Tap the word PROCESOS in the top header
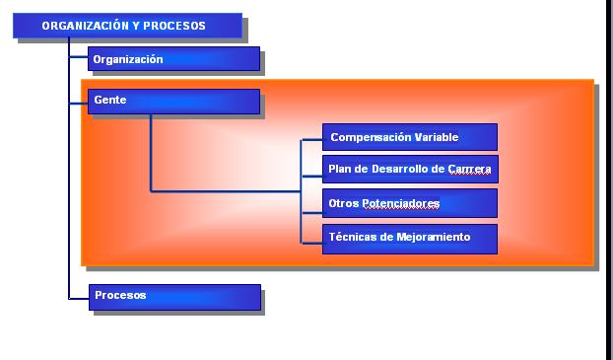174,26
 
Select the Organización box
174,59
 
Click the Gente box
174,102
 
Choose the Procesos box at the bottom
174,298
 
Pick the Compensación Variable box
410,137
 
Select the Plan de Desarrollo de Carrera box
410,169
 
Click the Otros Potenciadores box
410,203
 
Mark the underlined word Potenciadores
401,203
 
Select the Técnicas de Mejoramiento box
410,239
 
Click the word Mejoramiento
434,237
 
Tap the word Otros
344,203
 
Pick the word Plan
339,169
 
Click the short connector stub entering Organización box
79,57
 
